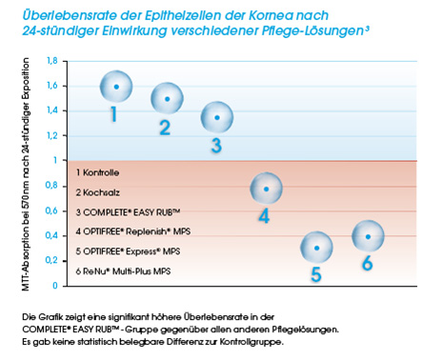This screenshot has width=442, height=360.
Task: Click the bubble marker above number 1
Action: coord(115,87)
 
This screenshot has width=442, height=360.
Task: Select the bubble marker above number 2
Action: coord(168,99)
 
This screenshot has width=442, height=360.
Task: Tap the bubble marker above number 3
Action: coord(218,118)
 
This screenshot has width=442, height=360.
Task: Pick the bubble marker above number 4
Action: coord(266,189)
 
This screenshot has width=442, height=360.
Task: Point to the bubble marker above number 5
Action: coord(317,248)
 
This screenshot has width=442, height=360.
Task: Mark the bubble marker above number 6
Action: coord(369,235)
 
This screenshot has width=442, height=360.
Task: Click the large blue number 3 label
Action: coord(216,146)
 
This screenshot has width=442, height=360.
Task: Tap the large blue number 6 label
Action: coord(367,264)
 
